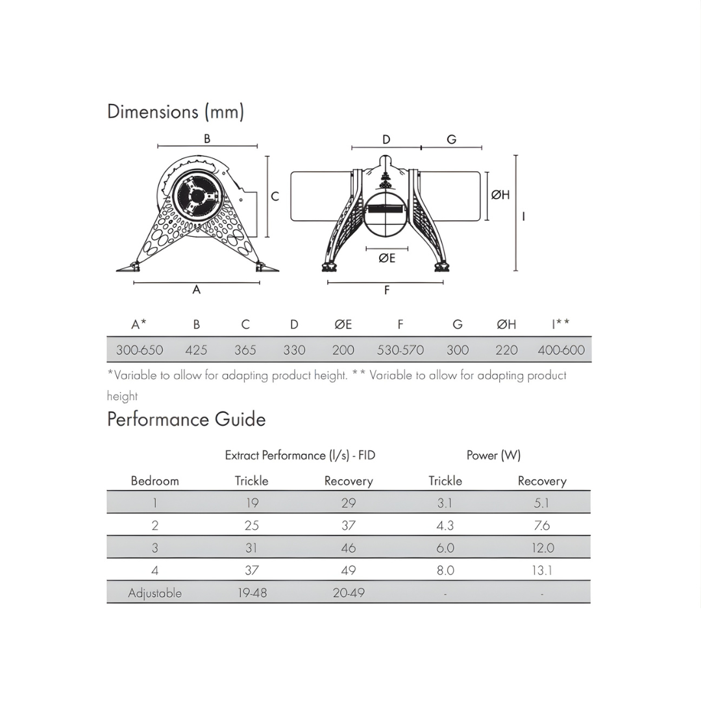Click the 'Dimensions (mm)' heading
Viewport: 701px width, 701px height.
coord(175,112)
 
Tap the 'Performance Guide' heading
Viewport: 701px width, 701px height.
coord(186,419)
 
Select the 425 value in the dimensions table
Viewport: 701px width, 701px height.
coord(196,350)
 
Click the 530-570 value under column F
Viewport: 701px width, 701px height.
coord(400,350)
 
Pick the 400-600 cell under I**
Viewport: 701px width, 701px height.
coord(561,350)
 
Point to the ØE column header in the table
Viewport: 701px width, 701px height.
coord(343,325)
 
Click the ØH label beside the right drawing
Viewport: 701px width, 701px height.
coord(500,195)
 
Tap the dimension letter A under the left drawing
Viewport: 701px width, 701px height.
coord(197,290)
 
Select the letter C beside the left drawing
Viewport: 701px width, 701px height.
coord(275,196)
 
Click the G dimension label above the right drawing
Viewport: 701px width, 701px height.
coord(452,140)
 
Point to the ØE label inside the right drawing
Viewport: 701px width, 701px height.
coord(387,258)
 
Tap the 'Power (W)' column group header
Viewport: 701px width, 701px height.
coord(493,456)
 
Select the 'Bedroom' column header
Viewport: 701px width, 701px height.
coord(154,481)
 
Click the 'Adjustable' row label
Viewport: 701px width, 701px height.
coord(154,593)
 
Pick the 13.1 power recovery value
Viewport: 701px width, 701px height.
coord(542,571)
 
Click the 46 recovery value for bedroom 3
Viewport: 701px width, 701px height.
coord(349,548)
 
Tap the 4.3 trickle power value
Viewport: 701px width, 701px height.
coord(445,526)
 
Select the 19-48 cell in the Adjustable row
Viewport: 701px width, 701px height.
coord(252,593)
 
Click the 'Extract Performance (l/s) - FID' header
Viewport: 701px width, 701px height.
coord(300,456)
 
